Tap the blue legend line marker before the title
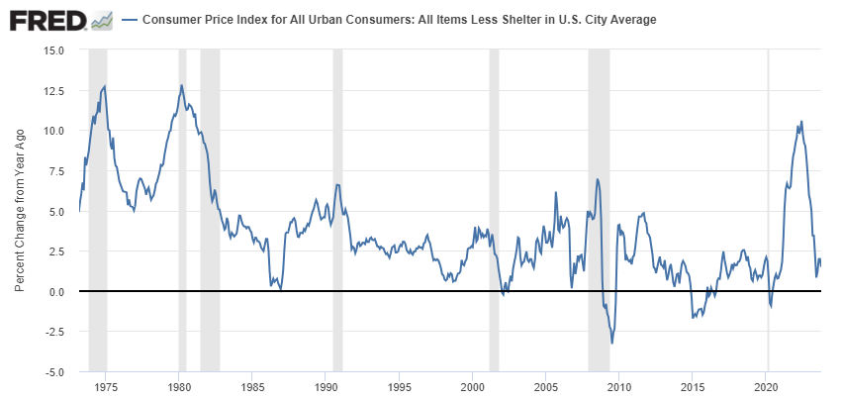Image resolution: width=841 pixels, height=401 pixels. point(129,20)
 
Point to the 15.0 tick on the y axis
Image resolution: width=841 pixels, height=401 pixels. point(52,50)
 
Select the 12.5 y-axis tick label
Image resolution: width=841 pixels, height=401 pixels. point(52,90)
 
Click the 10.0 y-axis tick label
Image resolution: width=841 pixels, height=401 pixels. point(52,131)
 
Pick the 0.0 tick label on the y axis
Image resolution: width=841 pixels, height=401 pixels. point(56,291)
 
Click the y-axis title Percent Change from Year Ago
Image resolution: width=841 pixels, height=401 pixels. point(20,210)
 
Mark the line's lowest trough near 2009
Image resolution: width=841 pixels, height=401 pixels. point(612,343)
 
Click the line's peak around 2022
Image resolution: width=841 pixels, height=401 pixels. point(801,122)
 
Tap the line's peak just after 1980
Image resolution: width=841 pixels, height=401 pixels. point(181,85)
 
